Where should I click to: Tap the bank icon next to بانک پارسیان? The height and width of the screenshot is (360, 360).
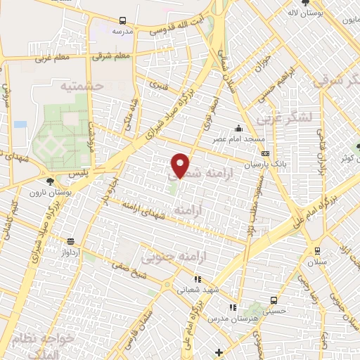tap(264, 153)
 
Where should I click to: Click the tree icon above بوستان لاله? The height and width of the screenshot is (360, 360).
tap(304, 3)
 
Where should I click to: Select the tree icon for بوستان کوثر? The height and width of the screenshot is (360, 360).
tap(357, 148)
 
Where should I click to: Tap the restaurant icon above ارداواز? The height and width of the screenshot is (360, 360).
tap(70, 240)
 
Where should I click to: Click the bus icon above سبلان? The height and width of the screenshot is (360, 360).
tap(317, 250)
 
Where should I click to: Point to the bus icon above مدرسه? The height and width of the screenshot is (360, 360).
tap(123, 21)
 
